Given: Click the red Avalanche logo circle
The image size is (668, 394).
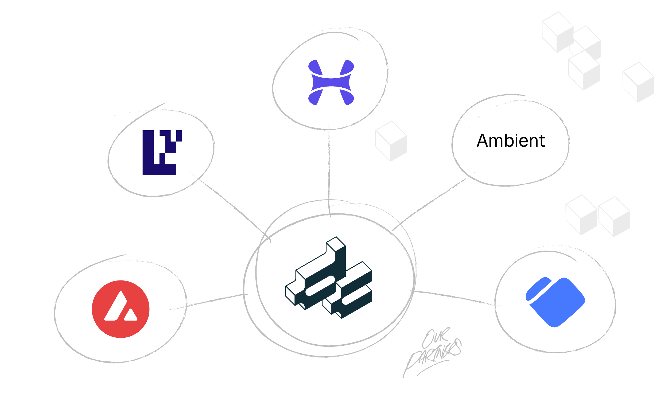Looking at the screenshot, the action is pyautogui.click(x=121, y=309).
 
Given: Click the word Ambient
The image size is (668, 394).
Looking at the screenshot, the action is pyautogui.click(x=510, y=141).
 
